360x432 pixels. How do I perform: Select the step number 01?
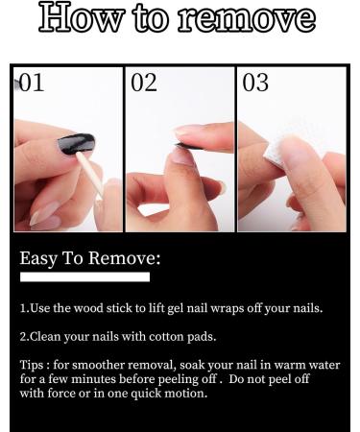pos(32,83)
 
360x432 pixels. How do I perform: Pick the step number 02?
pos(144,83)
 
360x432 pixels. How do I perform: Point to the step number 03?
pos(255,83)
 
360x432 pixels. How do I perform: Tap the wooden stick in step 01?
pos(90,174)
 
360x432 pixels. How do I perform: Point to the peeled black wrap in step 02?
pos(188,147)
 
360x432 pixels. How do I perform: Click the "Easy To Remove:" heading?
pos(90,258)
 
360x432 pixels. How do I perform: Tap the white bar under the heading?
pos(84,277)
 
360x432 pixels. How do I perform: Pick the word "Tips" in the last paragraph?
pos(32,365)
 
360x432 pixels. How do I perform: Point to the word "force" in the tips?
pos(61,393)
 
